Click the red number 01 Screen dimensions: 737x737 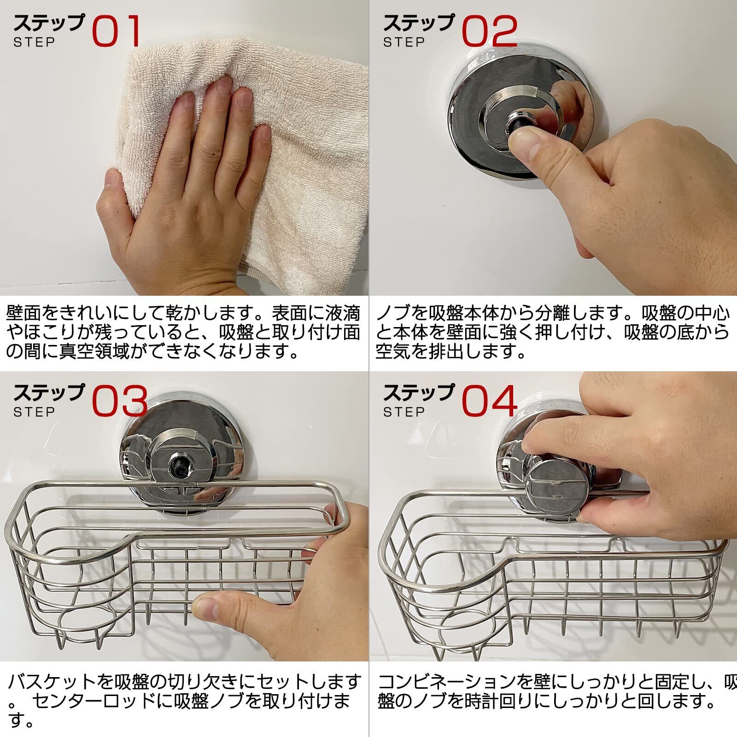point(116,31)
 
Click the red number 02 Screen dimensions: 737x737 point(490,31)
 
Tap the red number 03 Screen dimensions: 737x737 point(120,401)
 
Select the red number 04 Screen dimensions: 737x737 point(490,401)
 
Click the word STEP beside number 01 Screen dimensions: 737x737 point(34,42)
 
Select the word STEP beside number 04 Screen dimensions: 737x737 point(404,411)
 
